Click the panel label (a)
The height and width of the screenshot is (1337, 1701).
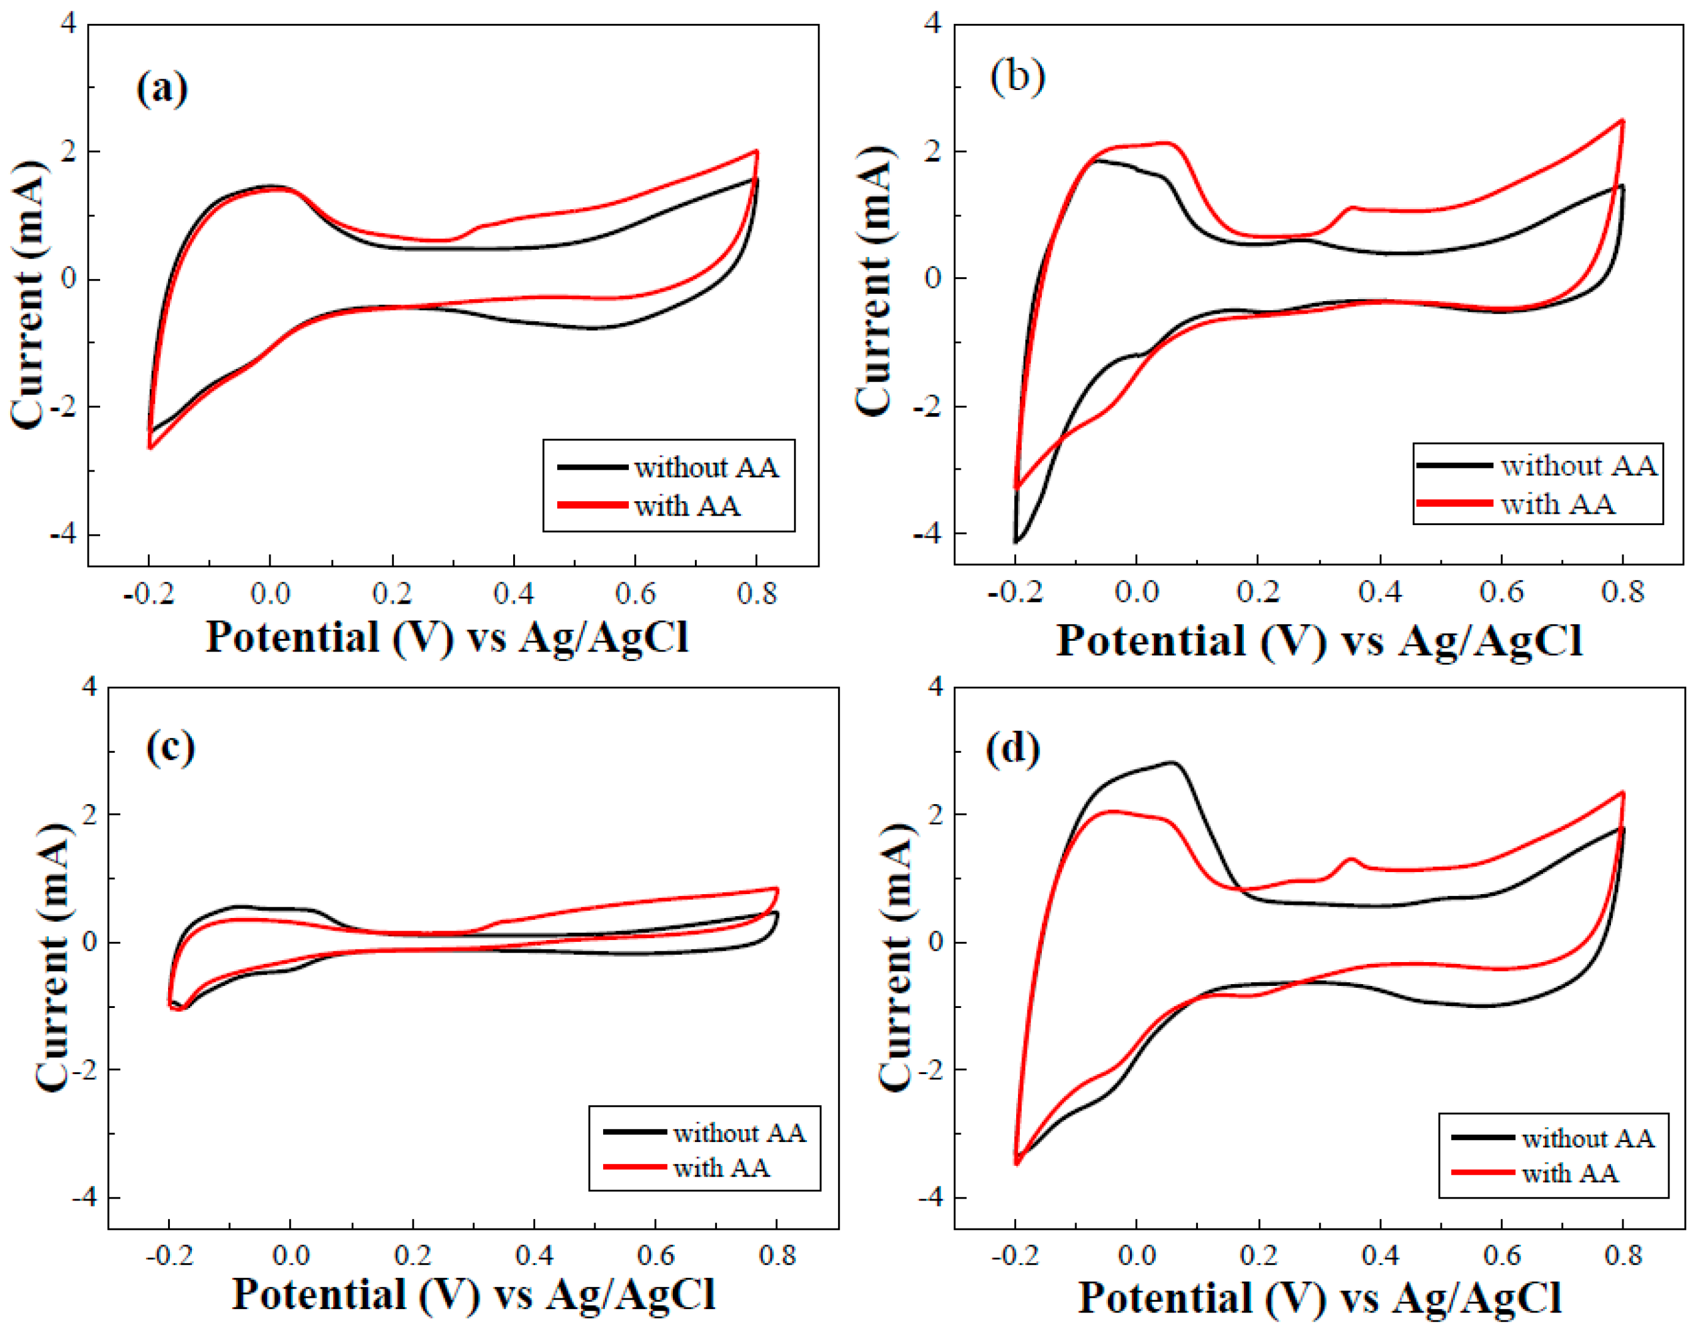point(162,88)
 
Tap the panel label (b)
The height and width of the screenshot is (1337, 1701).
point(1017,77)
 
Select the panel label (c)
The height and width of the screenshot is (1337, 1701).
point(170,747)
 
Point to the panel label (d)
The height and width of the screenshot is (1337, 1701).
point(1013,749)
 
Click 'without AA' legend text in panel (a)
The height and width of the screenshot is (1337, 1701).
point(706,467)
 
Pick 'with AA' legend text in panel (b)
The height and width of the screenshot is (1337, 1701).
point(1558,504)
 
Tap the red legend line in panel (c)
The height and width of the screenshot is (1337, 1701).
point(634,1167)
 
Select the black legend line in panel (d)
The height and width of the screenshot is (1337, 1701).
point(1482,1137)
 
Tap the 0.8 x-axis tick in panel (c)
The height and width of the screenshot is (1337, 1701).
point(777,1255)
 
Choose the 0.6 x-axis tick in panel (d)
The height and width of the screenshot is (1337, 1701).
point(1501,1255)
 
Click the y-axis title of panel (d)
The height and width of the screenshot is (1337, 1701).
point(894,957)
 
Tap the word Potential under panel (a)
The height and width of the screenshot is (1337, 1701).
point(292,637)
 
